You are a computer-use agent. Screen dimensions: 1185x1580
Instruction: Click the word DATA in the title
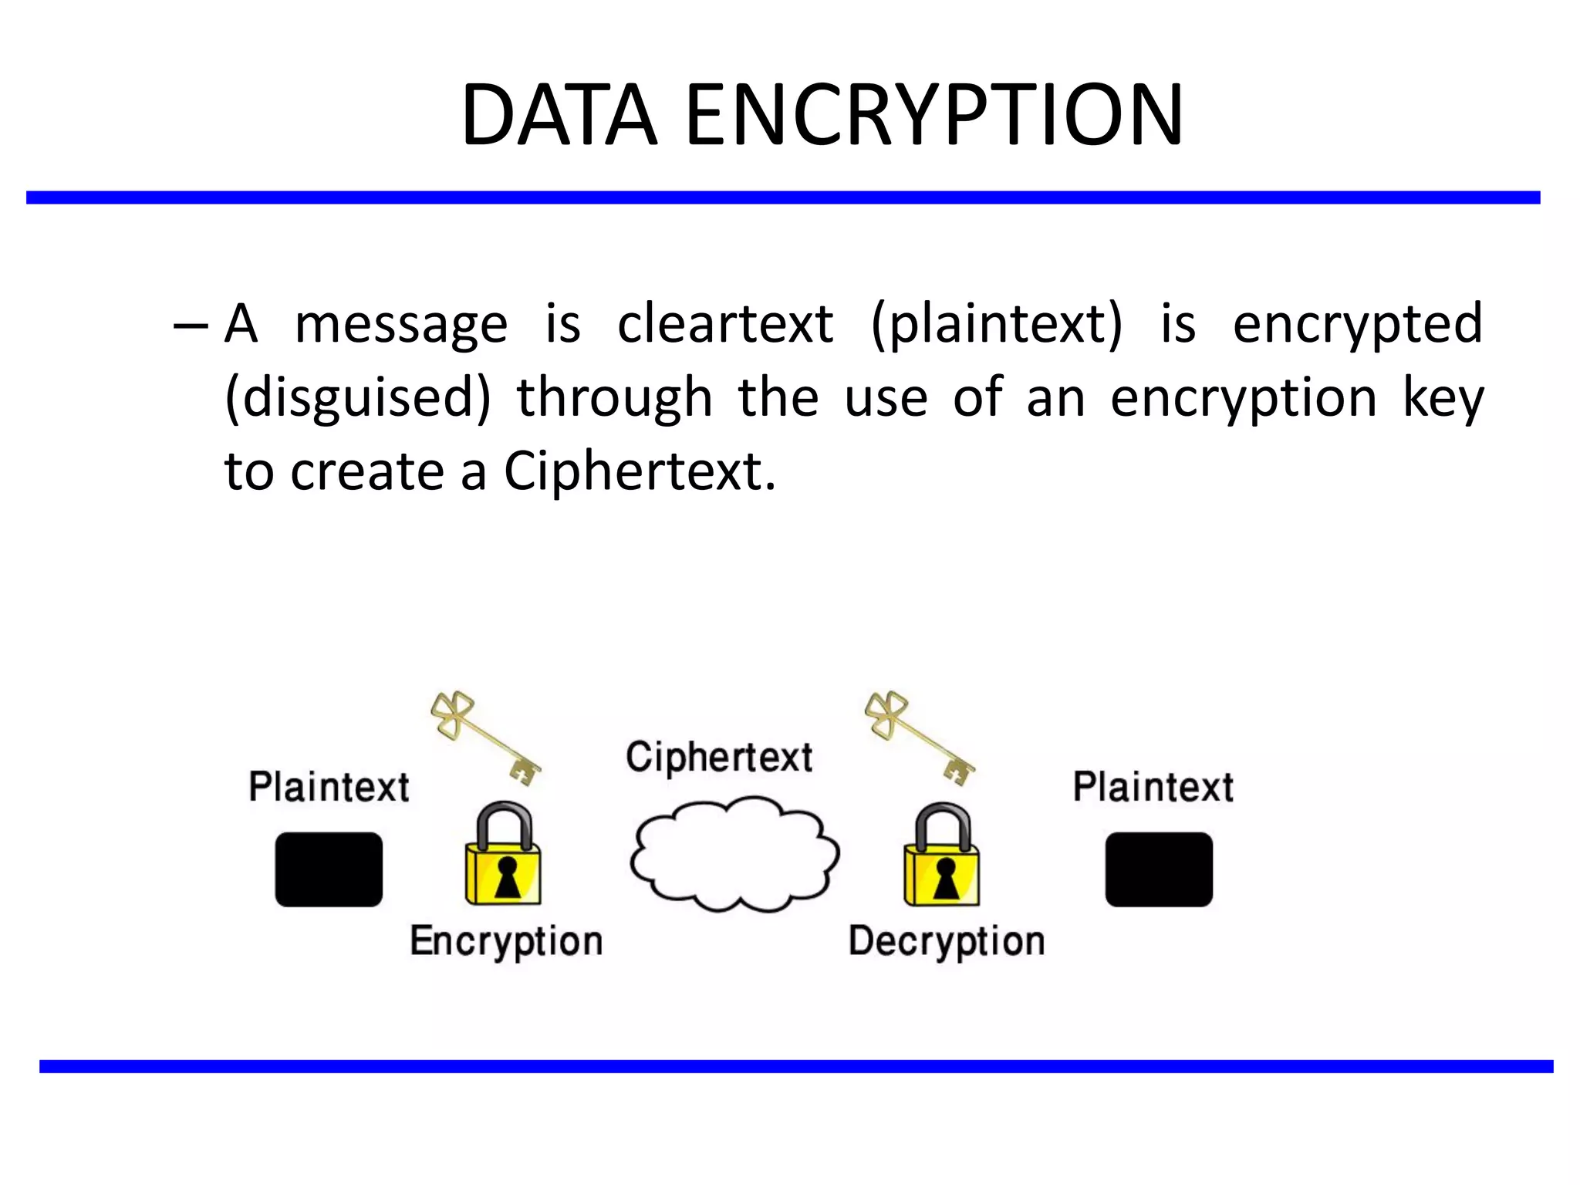[559, 116]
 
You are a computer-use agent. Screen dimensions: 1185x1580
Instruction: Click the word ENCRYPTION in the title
[933, 116]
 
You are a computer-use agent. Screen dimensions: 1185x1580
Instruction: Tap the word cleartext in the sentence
[725, 324]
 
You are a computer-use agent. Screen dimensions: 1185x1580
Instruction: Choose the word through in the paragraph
[614, 398]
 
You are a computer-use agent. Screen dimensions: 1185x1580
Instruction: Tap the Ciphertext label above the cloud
[719, 758]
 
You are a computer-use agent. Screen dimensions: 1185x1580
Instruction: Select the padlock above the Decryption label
[942, 856]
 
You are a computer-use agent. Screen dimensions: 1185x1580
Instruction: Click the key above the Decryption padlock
[920, 738]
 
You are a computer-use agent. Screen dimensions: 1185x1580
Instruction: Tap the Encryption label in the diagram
[506, 941]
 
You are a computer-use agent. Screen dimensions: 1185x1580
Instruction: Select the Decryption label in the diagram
[947, 941]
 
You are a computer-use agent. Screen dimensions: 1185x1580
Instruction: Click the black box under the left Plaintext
[329, 869]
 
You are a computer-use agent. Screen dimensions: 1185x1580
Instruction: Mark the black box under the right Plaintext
[1159, 869]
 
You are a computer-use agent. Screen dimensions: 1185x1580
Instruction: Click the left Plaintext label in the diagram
[329, 787]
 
